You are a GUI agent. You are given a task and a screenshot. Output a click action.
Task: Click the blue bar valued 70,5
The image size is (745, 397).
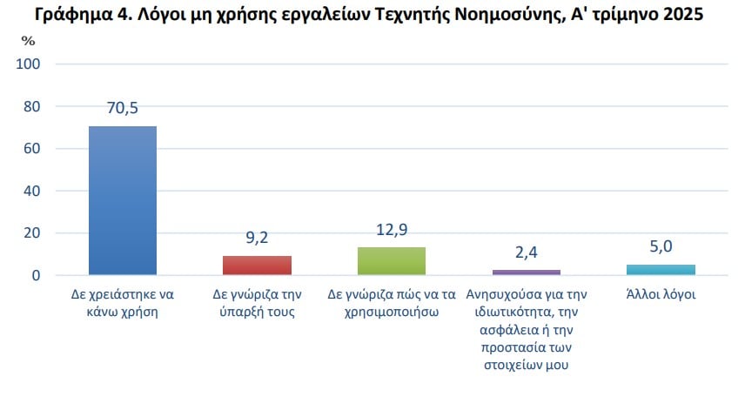(x=123, y=200)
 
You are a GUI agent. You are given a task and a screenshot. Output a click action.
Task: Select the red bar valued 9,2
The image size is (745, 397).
(x=257, y=265)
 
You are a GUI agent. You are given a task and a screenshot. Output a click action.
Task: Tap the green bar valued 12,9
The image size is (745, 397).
(x=392, y=260)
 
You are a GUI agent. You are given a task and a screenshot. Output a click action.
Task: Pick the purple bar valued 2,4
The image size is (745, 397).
(x=527, y=272)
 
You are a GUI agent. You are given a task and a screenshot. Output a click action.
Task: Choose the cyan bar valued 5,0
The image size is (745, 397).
(x=661, y=269)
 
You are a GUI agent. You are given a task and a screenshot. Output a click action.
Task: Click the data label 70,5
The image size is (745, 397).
(x=123, y=109)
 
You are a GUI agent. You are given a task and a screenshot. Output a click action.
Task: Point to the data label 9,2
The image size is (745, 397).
(x=257, y=237)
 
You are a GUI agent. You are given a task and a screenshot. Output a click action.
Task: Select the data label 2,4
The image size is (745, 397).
(x=527, y=252)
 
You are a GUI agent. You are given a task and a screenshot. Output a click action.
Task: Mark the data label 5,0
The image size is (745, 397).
(x=661, y=246)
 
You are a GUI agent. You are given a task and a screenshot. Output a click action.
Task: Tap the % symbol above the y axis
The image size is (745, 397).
(x=29, y=41)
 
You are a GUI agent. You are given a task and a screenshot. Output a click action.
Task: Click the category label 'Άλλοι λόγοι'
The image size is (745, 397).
(x=661, y=295)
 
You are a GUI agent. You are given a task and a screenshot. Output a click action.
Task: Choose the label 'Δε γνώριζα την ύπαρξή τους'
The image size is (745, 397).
(x=258, y=303)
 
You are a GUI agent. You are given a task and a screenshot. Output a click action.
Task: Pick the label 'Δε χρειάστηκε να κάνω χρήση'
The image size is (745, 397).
(x=123, y=303)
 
